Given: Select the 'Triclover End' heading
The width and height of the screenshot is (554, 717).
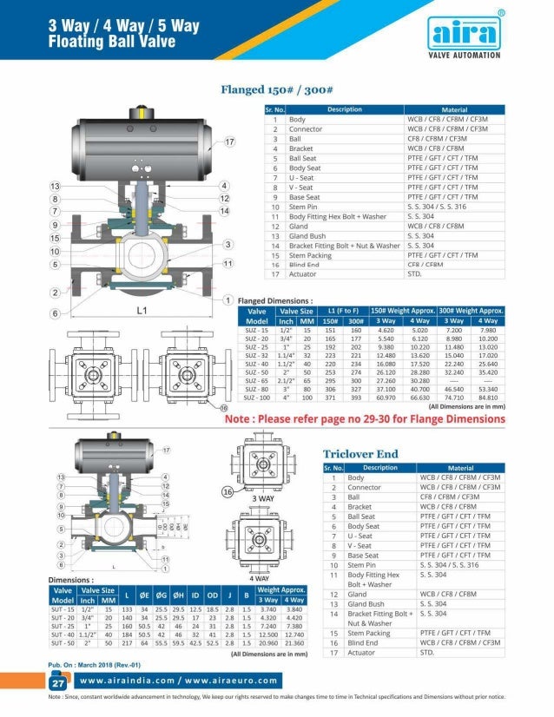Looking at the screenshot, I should (360, 453).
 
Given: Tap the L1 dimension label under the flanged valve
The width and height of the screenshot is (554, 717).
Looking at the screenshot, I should (142, 309).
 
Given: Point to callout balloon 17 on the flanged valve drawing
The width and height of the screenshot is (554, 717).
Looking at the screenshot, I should (230, 141).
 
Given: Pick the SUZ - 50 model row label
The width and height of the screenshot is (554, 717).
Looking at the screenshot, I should (256, 370).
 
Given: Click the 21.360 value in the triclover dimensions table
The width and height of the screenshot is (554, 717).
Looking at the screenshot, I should (294, 644).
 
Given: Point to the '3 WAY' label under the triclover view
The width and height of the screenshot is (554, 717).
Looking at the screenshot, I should (264, 499).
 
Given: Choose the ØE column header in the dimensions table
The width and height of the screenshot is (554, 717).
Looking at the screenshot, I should (145, 595).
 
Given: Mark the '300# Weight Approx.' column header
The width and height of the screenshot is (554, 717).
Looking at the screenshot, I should (472, 310).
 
